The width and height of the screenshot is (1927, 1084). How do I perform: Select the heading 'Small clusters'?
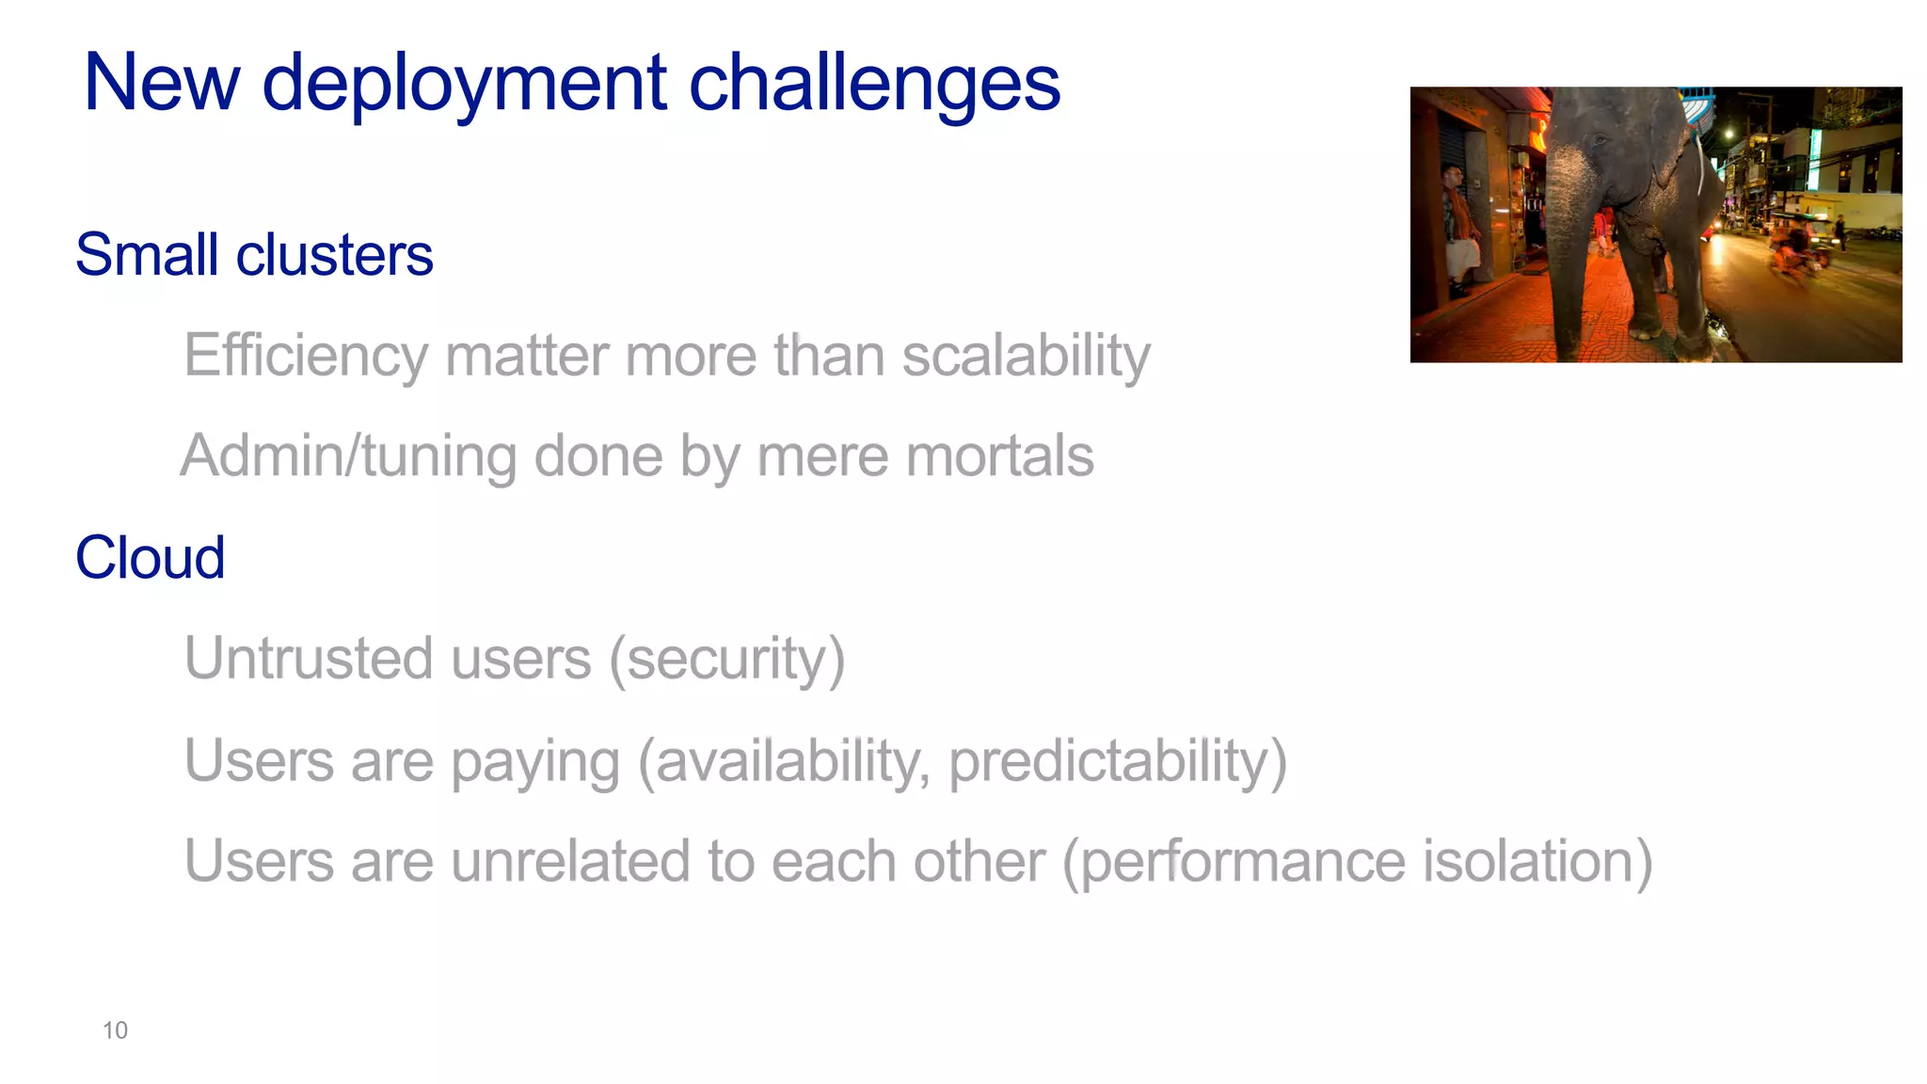pyautogui.click(x=254, y=255)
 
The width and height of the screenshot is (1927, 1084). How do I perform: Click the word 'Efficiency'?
pyautogui.click(x=306, y=356)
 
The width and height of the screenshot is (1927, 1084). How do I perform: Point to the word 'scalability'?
pyautogui.click(x=1026, y=356)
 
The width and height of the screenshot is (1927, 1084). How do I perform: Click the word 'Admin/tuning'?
pyautogui.click(x=348, y=456)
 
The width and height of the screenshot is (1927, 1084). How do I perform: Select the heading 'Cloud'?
pyautogui.click(x=151, y=557)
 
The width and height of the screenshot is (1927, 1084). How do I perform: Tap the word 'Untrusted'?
pyautogui.click(x=309, y=658)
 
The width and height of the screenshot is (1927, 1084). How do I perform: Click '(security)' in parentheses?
pyautogui.click(x=726, y=658)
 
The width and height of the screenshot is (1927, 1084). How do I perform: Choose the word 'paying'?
pyautogui.click(x=535, y=760)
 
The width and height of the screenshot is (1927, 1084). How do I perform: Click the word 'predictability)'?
pyautogui.click(x=1117, y=760)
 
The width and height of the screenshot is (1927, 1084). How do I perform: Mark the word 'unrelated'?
pyautogui.click(x=571, y=861)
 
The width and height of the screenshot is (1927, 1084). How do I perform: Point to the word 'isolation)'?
pyautogui.click(x=1537, y=861)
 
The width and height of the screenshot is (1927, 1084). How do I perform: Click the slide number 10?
pyautogui.click(x=115, y=1030)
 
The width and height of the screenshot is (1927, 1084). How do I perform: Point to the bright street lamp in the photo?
pyautogui.click(x=1729, y=135)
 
